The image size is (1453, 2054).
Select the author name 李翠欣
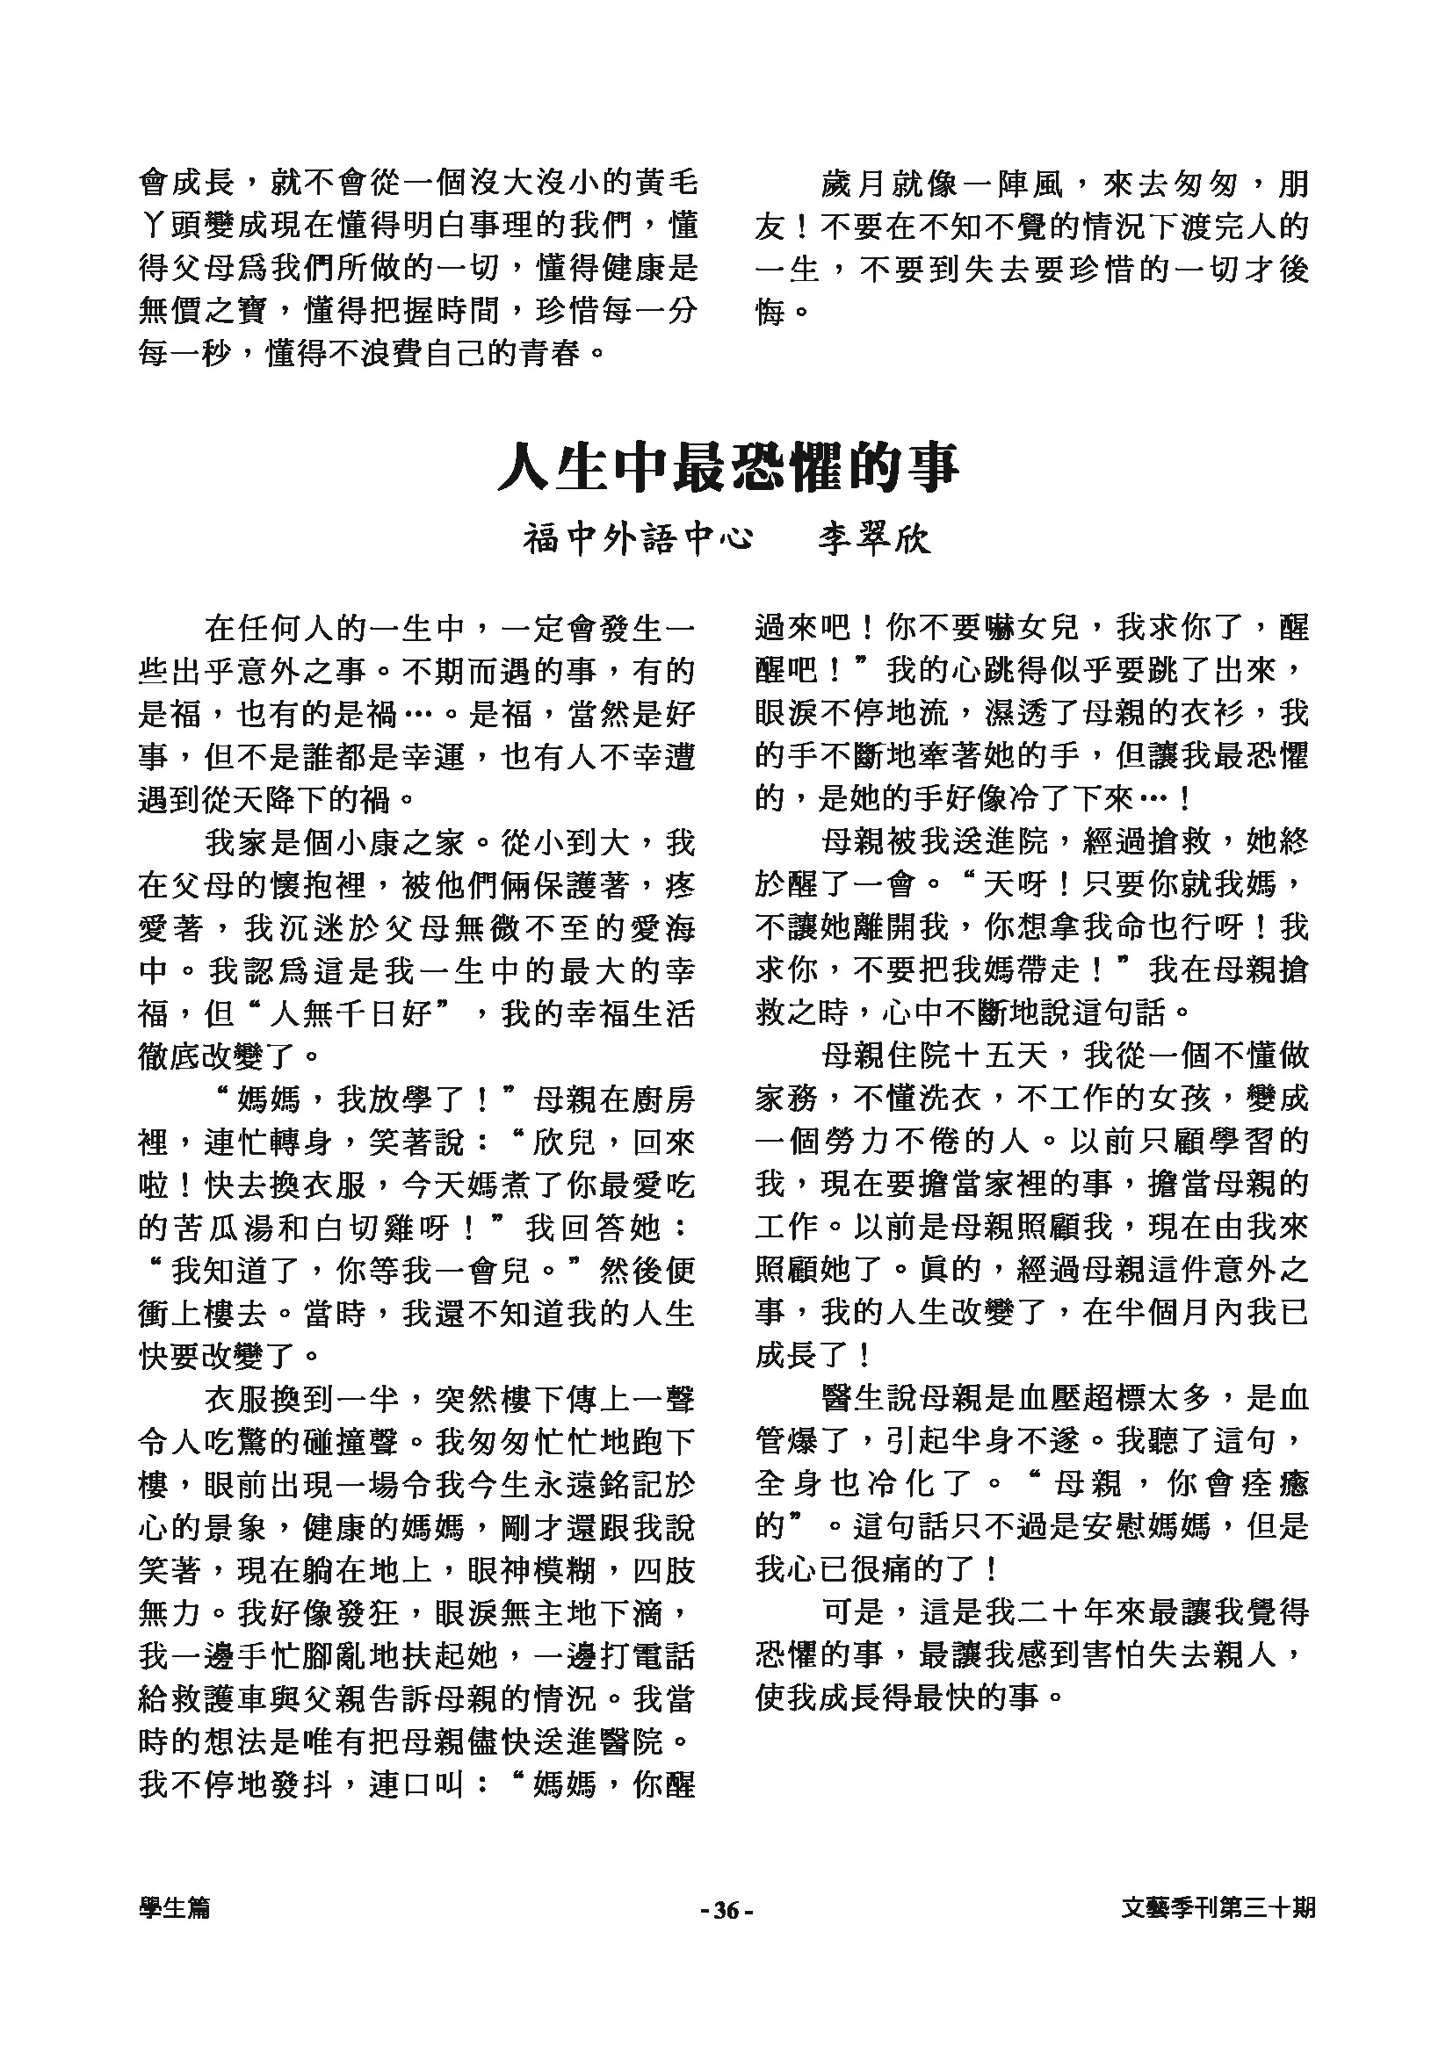874,539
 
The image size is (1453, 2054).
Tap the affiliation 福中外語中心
638,539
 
